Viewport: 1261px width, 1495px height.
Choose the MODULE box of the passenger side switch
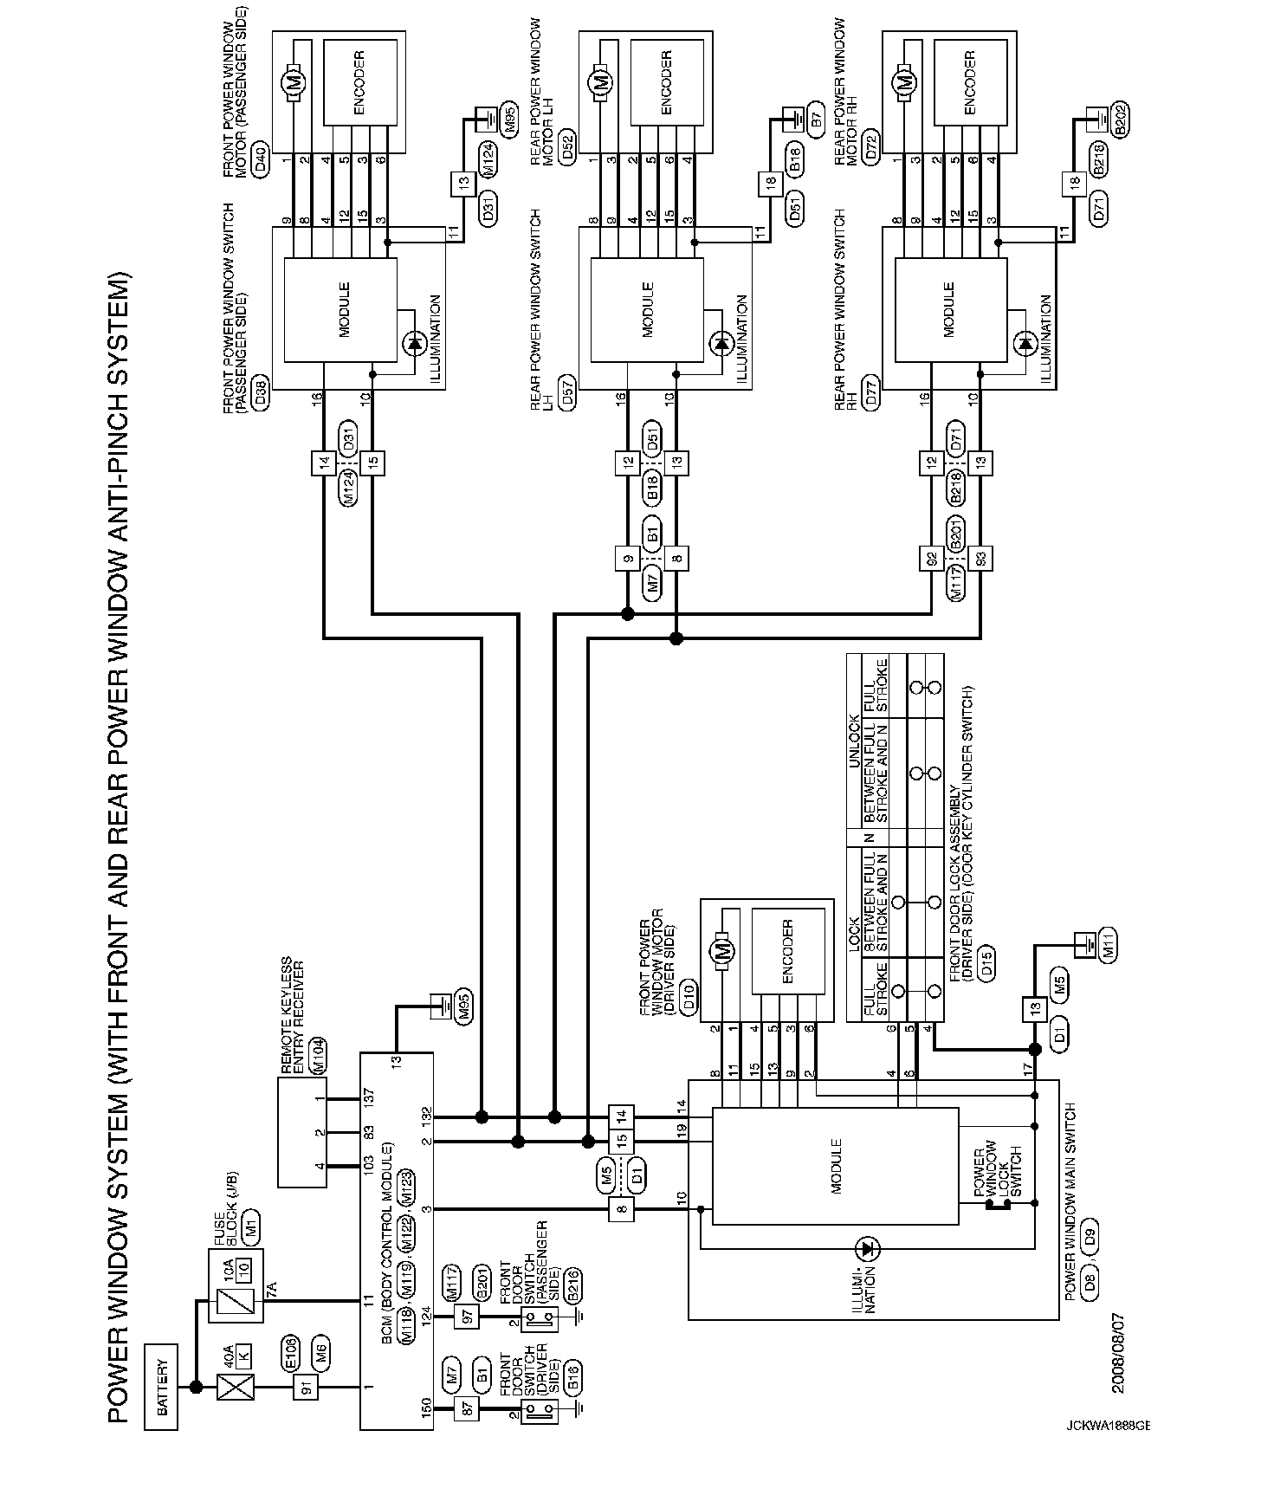tap(341, 309)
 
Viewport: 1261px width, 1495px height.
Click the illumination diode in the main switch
tap(867, 1248)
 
